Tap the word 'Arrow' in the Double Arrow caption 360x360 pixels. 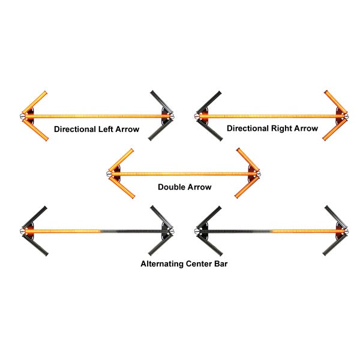pos(199,187)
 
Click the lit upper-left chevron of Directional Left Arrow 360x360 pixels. pos(37,102)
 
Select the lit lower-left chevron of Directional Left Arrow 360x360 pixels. pos(37,128)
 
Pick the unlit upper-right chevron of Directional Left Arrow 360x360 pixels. pos(160,102)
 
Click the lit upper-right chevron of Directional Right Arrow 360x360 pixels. pos(335,102)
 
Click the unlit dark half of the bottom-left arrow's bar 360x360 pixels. pos(132,231)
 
